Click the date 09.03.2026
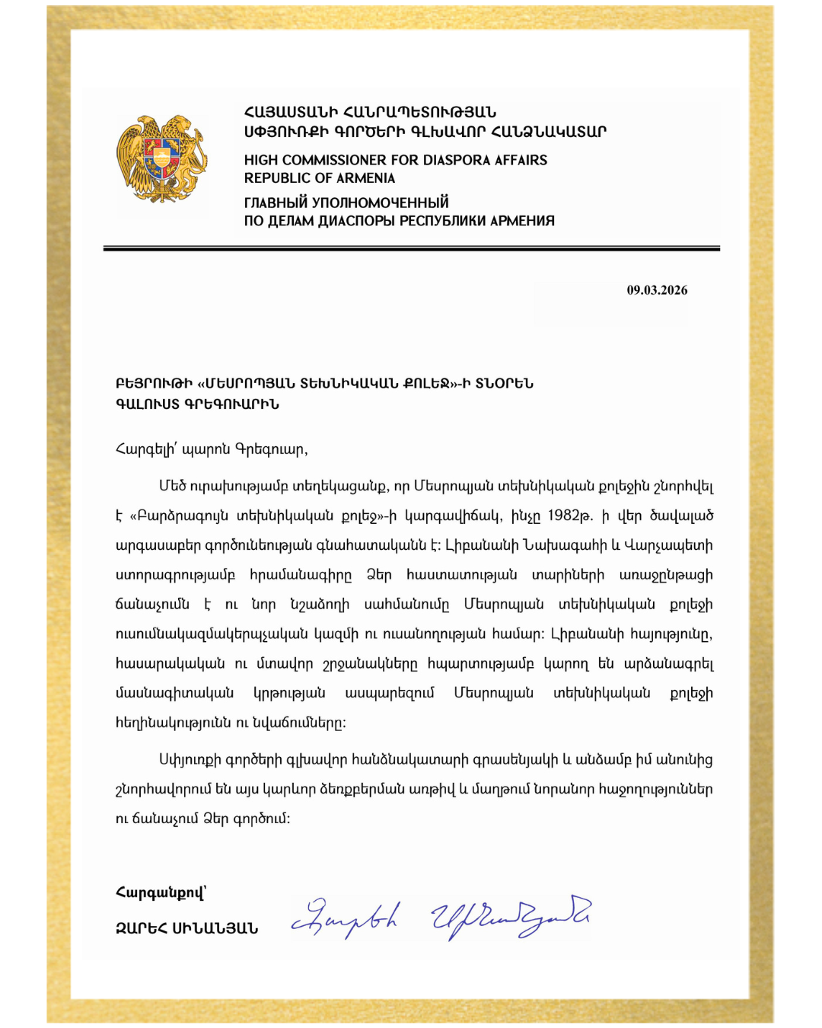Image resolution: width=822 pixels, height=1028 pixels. click(x=657, y=290)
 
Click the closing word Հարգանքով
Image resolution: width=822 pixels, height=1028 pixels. click(x=160, y=892)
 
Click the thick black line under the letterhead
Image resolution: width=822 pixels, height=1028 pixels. click(x=411, y=248)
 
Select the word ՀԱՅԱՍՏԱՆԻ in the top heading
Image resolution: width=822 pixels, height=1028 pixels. click(x=290, y=113)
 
